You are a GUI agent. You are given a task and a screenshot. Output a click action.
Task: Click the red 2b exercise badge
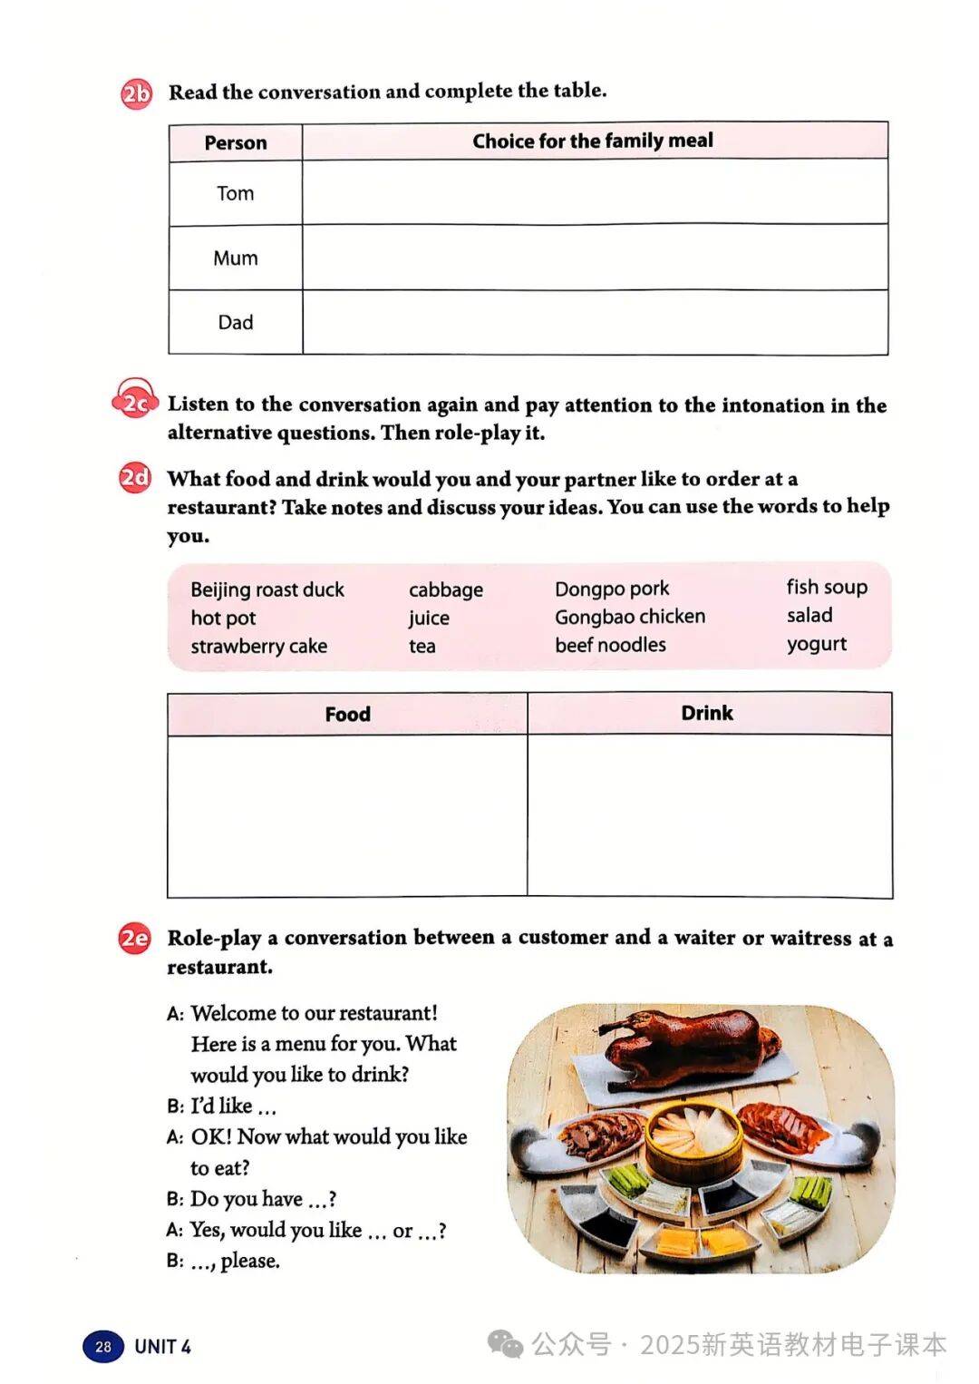136,93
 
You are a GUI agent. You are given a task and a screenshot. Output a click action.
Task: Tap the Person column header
236,142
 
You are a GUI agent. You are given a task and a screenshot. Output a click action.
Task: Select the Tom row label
236,193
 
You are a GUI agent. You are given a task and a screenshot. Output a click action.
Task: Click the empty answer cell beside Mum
595,258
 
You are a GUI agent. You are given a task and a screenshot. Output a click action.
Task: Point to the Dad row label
236,322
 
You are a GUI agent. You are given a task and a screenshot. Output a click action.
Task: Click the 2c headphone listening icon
134,401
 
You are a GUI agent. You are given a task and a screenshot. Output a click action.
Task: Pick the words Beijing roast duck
267,590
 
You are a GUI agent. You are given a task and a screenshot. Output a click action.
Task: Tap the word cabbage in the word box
446,590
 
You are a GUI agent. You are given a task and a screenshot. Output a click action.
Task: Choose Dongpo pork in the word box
612,589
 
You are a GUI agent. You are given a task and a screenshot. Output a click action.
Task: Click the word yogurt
817,644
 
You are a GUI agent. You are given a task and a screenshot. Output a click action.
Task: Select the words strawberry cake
258,646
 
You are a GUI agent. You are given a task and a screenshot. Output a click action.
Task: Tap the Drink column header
707,713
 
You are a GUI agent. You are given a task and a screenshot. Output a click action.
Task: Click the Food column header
347,714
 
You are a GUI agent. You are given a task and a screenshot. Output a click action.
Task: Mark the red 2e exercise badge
134,938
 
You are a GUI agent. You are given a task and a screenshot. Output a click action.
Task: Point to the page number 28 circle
103,1346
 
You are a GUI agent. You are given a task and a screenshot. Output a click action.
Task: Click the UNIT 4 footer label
163,1346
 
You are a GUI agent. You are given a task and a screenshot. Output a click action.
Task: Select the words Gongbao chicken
630,617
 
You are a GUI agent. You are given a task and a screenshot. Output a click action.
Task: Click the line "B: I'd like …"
222,1106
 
